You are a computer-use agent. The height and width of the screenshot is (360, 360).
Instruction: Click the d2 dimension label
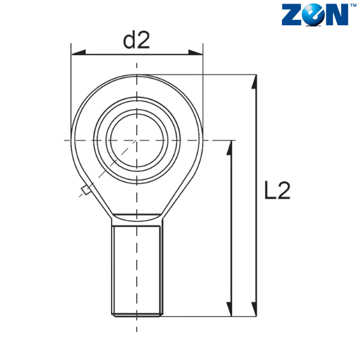(x=136, y=40)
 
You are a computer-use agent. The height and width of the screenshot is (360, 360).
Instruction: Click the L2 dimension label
(x=277, y=190)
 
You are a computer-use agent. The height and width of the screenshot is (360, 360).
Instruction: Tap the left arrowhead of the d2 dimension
(x=79, y=52)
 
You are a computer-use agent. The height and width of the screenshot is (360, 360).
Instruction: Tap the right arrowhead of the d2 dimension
(x=196, y=52)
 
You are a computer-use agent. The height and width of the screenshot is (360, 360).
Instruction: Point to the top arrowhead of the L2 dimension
(x=254, y=82)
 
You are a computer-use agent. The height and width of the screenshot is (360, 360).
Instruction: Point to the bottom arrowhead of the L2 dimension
(x=254, y=309)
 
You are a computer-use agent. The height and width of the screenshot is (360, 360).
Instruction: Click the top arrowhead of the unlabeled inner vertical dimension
(x=229, y=148)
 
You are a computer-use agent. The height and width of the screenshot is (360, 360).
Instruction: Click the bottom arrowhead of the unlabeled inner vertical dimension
(x=229, y=309)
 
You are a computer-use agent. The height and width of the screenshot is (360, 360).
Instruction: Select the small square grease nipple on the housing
(x=86, y=190)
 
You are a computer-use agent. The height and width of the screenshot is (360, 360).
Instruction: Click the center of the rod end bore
(x=137, y=140)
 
